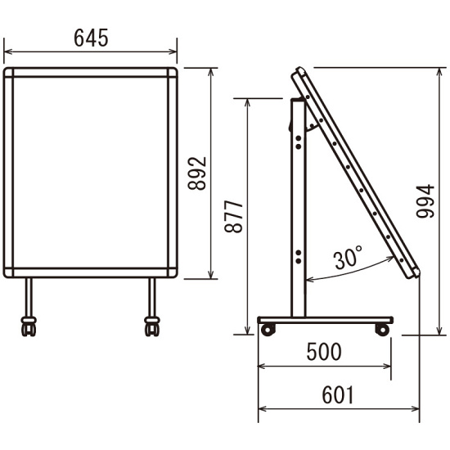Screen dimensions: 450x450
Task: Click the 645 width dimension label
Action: pos(91,38)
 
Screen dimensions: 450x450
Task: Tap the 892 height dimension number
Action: pos(197,173)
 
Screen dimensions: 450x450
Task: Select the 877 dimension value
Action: pos(234,217)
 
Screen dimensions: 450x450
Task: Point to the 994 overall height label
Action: pos(425,201)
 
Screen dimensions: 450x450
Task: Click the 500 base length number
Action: pos(324,352)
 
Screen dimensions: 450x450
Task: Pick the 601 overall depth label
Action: pos(338,395)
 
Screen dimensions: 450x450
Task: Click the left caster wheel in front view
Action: pos(29,326)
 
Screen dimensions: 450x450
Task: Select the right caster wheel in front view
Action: pos(152,326)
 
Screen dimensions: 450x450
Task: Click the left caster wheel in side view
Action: pos(268,330)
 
